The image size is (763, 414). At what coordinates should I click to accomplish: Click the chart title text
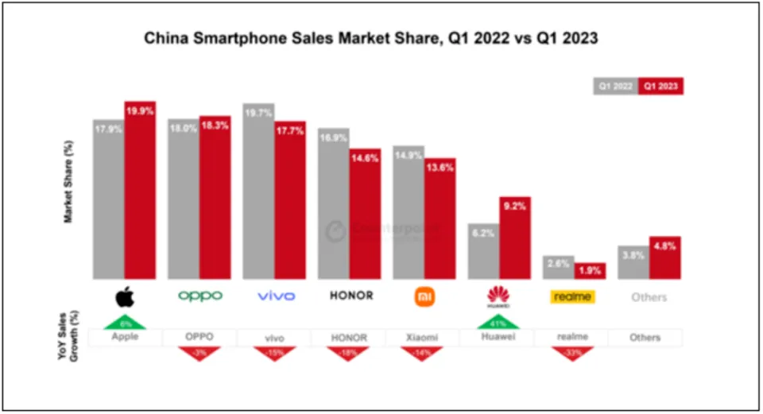click(x=381, y=38)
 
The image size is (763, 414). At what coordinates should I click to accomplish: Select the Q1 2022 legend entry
click(x=616, y=86)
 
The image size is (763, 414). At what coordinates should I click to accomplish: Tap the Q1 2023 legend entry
click(x=661, y=86)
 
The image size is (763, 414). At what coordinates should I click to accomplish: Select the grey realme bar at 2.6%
click(x=559, y=267)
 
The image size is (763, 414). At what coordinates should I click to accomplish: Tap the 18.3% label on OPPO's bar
click(x=215, y=126)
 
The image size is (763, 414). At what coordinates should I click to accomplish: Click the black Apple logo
click(x=125, y=296)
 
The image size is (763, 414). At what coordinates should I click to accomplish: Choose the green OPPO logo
click(x=199, y=296)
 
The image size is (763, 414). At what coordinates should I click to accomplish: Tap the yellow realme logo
click(x=572, y=296)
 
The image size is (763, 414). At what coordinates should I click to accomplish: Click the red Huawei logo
click(x=498, y=297)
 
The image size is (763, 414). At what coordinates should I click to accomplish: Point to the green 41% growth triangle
click(x=498, y=322)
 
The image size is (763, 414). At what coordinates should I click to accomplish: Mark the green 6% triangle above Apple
click(x=125, y=322)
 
